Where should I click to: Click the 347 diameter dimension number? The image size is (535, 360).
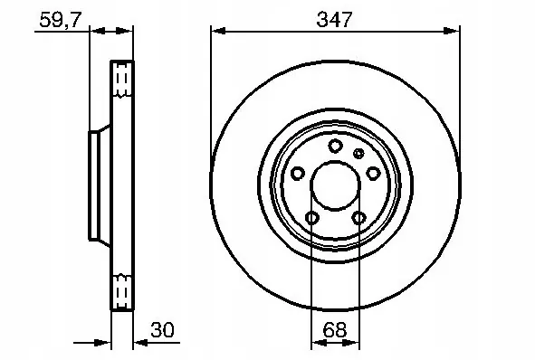pos(334,17)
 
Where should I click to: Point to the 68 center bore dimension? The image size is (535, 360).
pos(334,330)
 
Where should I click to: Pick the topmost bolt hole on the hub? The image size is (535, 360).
pos(334,147)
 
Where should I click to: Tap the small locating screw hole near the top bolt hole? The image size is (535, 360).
pos(358,153)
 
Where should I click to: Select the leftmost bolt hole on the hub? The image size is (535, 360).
pos(298,173)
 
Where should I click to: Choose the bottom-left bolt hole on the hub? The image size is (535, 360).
pos(311,217)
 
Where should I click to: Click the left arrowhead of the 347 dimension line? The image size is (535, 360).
pos(217,31)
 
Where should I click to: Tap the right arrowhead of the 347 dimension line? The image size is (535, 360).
pos(451,31)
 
